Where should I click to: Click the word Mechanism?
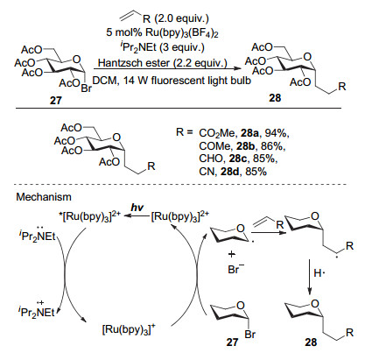[44, 197]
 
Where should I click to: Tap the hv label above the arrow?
[137, 208]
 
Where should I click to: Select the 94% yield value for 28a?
[277, 133]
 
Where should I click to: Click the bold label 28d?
[230, 172]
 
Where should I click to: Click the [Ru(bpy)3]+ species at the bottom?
[129, 329]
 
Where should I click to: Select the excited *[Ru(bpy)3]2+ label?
[89, 217]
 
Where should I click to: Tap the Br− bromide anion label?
[235, 269]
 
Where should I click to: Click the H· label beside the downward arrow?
[319, 273]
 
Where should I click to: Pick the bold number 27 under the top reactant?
[56, 101]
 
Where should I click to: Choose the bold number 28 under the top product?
[275, 98]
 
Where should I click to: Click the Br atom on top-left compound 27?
[87, 88]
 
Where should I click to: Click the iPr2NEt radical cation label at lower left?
[37, 311]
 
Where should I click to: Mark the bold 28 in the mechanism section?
[311, 342]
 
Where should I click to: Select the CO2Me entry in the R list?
[217, 133]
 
